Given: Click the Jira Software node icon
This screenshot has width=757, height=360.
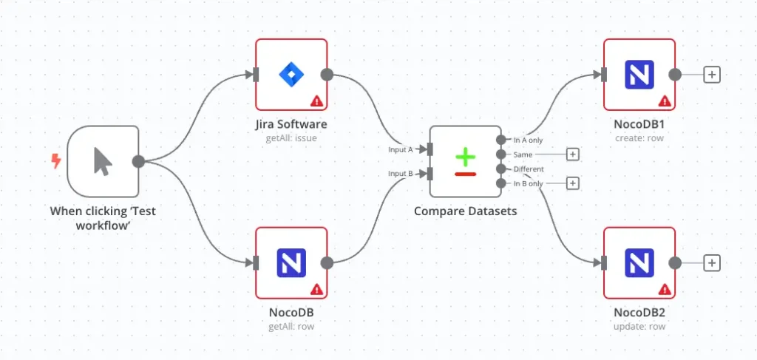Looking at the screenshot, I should coord(291,74).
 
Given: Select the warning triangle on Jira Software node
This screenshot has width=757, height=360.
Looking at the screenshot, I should coord(316,101).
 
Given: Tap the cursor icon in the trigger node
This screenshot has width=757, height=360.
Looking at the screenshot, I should coord(103,161).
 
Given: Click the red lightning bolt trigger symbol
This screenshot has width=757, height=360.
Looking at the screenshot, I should coord(56,161).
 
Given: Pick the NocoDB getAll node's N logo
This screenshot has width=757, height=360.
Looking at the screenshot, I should coord(291,263).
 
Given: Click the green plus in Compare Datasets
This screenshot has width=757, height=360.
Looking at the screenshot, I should coord(465,157).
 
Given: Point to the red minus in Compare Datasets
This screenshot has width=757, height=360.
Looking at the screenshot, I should coord(465,174).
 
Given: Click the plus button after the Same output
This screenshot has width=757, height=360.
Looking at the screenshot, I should coord(572,154).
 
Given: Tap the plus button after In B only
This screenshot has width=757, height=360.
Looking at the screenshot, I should coord(572,183).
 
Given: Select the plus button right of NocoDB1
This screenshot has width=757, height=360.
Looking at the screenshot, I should coord(711,75).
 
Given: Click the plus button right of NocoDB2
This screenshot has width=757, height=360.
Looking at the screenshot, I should coord(711,262).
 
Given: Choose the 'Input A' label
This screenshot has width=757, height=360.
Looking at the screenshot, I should coord(401,149).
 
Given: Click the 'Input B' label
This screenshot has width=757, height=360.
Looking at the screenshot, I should coord(401,174).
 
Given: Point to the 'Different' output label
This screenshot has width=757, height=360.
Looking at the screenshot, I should coord(529,169).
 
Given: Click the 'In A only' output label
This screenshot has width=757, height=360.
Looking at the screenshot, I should coord(528,140).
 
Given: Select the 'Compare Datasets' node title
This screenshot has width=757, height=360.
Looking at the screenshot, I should coord(465,211).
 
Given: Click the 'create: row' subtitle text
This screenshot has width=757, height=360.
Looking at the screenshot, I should coord(639,138).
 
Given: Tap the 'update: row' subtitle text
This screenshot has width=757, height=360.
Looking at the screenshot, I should coord(639,326).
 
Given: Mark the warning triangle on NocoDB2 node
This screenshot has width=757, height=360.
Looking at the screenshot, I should coord(665,289).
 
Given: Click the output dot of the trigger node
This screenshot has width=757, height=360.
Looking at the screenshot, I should coord(138,161).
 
